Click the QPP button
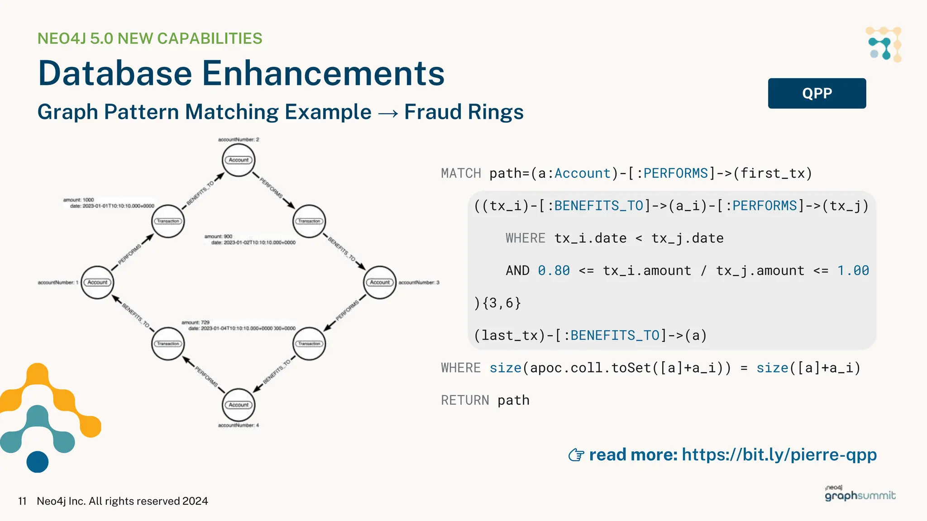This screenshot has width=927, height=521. [x=817, y=93]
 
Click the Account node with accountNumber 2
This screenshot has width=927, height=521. [x=239, y=160]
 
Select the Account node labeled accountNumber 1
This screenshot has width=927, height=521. [x=97, y=282]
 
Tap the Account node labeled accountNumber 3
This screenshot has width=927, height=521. [x=380, y=282]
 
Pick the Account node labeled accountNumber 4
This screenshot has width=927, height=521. [x=239, y=405]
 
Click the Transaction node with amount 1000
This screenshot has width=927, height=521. [x=168, y=221]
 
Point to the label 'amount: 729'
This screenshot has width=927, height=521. [x=196, y=322]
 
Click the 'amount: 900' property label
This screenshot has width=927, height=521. [x=218, y=236]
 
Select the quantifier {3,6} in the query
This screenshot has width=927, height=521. [x=502, y=303]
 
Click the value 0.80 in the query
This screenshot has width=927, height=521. [x=554, y=270]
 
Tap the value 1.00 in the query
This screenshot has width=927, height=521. [x=853, y=270]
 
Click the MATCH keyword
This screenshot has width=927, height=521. [x=461, y=173]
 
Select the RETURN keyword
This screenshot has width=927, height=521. [x=465, y=400]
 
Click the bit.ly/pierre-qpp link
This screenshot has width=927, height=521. [x=779, y=455]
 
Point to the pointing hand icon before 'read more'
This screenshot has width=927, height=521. [x=576, y=455]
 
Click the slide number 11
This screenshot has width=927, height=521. [x=22, y=501]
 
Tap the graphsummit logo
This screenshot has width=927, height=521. [x=860, y=494]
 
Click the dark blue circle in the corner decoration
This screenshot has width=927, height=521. [x=38, y=462]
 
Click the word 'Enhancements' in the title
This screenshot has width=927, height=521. [x=323, y=73]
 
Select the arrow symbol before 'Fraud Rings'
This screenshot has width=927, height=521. [x=388, y=113]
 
